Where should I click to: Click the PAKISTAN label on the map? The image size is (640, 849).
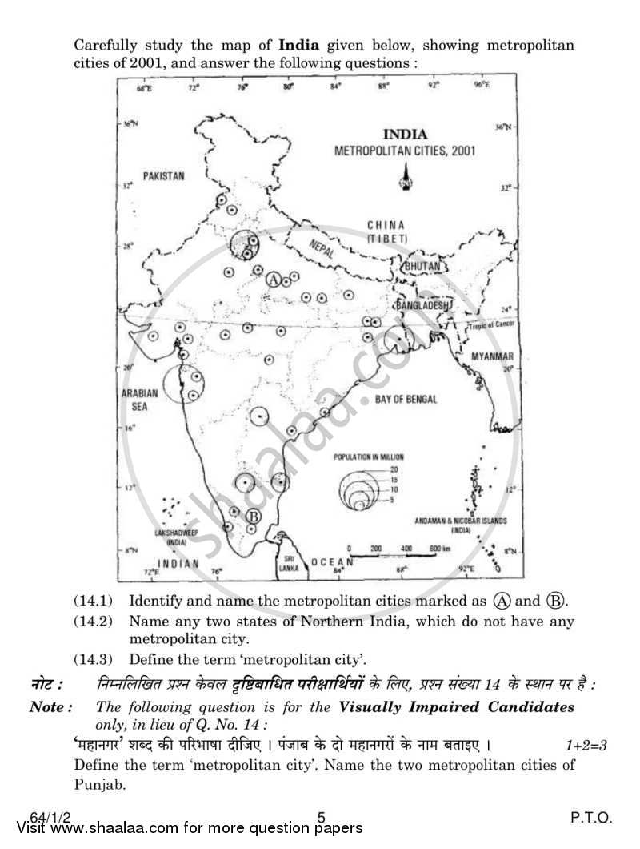point(163,175)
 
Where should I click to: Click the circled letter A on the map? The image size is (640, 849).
point(273,280)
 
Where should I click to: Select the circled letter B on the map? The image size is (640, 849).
point(252,517)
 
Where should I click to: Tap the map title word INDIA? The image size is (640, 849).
point(405,135)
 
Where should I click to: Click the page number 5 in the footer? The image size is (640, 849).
point(321,818)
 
